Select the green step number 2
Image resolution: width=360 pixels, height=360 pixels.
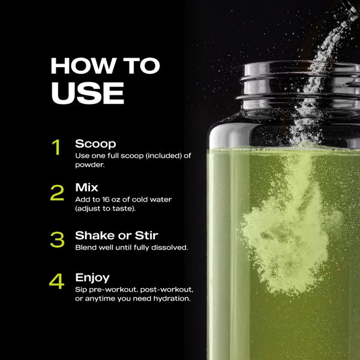pyautogui.click(x=57, y=193)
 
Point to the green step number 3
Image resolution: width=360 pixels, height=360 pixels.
pyautogui.click(x=57, y=239)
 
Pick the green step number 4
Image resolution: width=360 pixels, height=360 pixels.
pyautogui.click(x=57, y=282)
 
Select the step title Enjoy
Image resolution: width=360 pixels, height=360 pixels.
pyautogui.click(x=92, y=278)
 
